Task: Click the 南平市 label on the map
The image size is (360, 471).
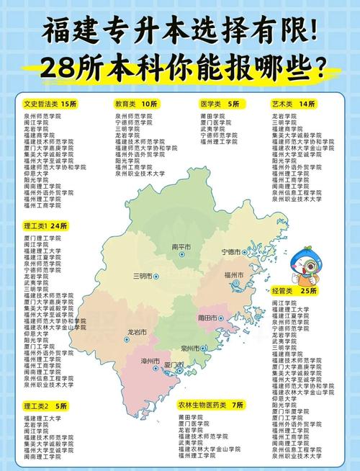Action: [181, 248]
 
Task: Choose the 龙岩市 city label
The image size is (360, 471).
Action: [137, 332]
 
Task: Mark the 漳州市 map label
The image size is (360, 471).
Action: [150, 360]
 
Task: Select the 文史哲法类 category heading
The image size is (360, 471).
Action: [40, 104]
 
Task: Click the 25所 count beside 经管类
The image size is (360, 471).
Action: [308, 292]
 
